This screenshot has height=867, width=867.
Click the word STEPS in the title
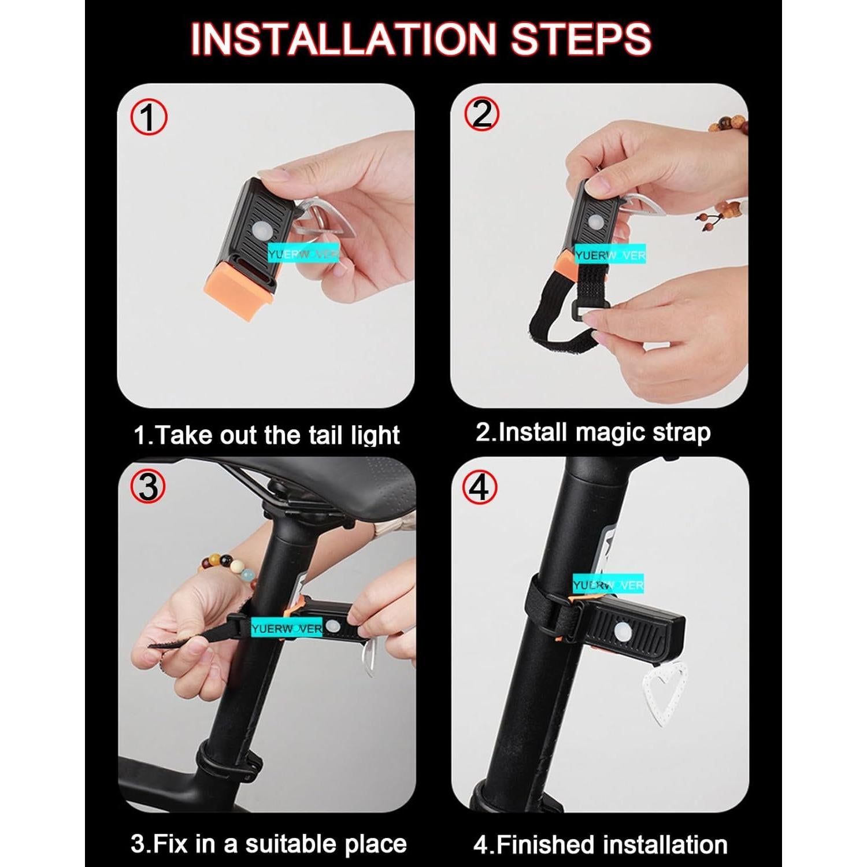(580, 39)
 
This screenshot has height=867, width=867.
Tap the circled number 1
(149, 117)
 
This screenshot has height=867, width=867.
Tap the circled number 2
(481, 114)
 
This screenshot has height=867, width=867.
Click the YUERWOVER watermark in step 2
(610, 255)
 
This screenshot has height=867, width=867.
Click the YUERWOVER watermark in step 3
(286, 628)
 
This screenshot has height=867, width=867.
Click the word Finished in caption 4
(546, 845)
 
